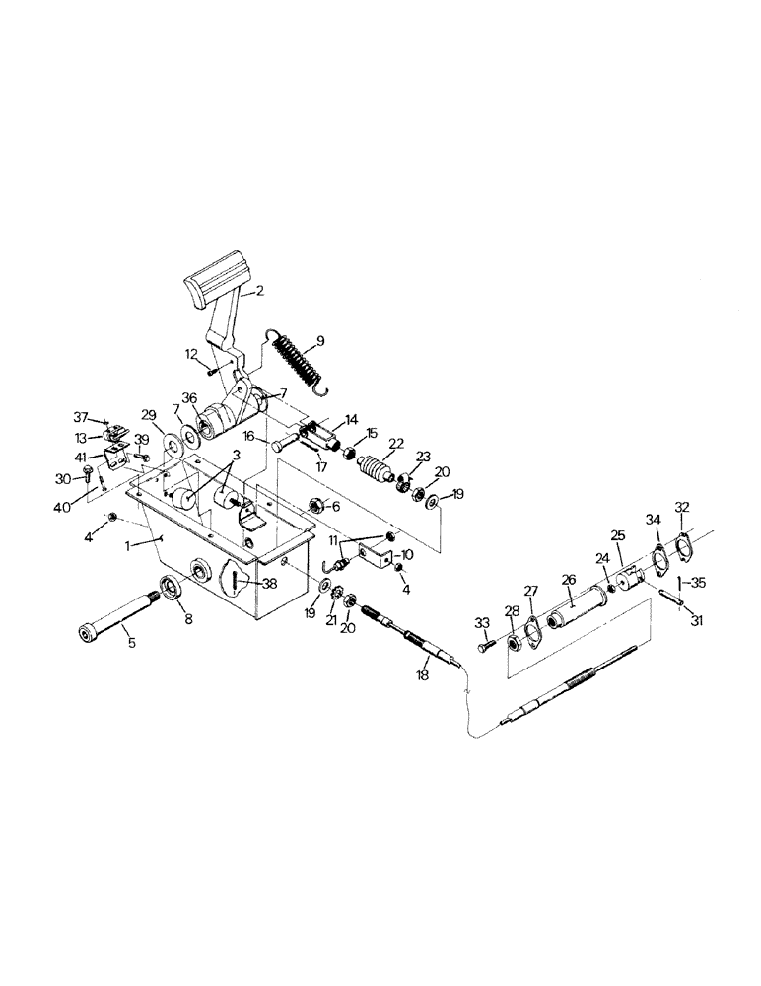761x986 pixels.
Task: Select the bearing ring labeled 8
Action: point(173,589)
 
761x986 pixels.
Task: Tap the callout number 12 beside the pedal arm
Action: point(190,353)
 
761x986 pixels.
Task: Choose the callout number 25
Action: point(618,534)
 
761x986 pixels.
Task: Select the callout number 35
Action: point(699,582)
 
